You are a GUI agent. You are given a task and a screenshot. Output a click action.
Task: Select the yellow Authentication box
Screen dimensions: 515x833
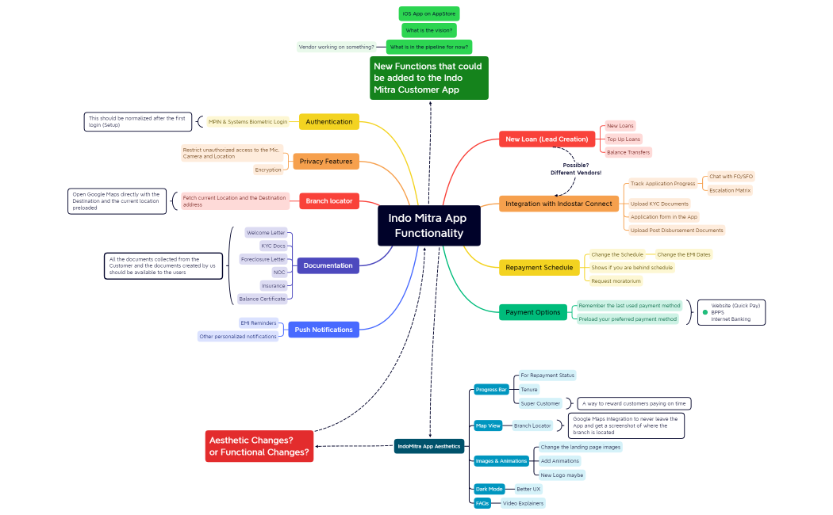click(329, 121)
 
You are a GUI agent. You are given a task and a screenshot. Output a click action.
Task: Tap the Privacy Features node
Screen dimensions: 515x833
click(326, 161)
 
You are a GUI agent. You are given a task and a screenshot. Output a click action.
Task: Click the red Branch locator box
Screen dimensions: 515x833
click(329, 200)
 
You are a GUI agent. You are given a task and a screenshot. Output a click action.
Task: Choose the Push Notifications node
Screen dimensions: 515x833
click(323, 330)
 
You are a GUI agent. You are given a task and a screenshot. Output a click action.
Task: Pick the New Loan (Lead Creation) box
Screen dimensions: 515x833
click(547, 139)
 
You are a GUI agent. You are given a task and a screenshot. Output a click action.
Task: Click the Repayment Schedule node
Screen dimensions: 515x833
click(539, 268)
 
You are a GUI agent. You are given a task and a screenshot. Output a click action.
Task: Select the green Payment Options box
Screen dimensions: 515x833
click(532, 312)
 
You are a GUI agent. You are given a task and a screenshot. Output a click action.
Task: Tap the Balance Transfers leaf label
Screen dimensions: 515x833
click(629, 152)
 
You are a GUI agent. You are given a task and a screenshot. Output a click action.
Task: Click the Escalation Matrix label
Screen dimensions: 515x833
click(730, 190)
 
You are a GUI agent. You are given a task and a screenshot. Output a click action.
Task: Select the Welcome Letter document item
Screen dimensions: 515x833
click(266, 233)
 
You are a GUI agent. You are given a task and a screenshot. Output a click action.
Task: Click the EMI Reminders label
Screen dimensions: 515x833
click(259, 323)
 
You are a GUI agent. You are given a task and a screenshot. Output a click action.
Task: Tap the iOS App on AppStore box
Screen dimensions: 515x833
click(429, 13)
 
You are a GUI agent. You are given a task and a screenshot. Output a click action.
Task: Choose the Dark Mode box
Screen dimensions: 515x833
click(489, 489)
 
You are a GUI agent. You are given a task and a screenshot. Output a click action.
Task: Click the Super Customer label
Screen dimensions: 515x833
click(540, 403)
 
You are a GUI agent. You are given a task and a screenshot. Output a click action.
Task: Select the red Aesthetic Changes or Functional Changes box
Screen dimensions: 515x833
click(259, 446)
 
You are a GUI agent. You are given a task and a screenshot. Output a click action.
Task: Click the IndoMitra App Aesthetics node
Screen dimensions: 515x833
click(428, 446)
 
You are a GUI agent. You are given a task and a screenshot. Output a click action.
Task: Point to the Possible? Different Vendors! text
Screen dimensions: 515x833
click(576, 169)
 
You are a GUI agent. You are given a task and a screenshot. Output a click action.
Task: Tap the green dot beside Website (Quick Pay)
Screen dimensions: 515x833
click(704, 312)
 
